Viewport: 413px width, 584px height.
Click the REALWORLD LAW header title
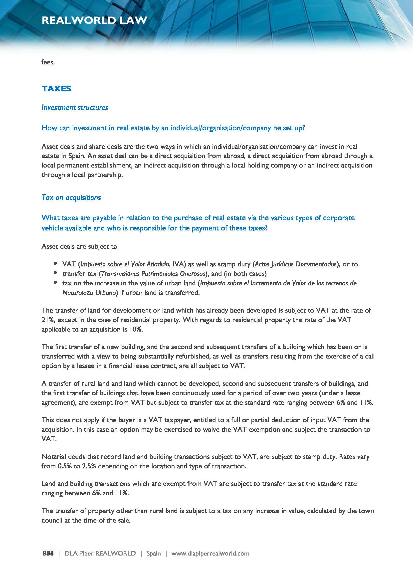click(x=94, y=20)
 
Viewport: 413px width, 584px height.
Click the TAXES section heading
click(x=56, y=89)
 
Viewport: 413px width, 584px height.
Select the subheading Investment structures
click(x=75, y=108)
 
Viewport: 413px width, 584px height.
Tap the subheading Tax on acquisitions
click(x=71, y=197)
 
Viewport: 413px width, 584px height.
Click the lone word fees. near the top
click(x=48, y=62)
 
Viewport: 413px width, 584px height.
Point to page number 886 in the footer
click(x=48, y=553)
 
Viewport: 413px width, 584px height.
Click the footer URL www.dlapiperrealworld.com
click(x=210, y=553)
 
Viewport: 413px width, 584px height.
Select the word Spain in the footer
click(x=153, y=553)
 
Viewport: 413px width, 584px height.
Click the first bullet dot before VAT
click(x=55, y=263)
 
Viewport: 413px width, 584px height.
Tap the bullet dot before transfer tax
click(x=55, y=273)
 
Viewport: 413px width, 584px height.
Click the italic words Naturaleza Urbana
click(x=89, y=293)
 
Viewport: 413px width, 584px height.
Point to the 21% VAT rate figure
click(x=48, y=320)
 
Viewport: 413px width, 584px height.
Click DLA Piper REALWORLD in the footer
click(x=100, y=553)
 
